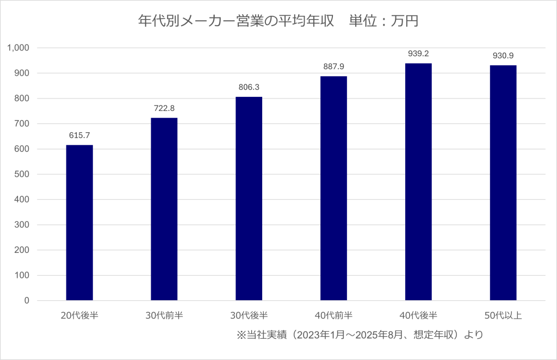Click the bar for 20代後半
pos(79,222)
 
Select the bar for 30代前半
pos(164,209)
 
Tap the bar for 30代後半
pos(249,198)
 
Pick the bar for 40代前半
pos(333,188)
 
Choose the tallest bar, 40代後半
pos(418,182)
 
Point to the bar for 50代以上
pos(503,183)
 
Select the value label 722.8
pos(164,108)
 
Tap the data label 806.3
pos(249,87)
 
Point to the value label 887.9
pos(333,66)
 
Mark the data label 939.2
pos(418,53)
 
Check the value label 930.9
pos(503,55)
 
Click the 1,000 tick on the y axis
pos(18,48)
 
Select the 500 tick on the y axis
pos(22,175)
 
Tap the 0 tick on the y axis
pos(26,301)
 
